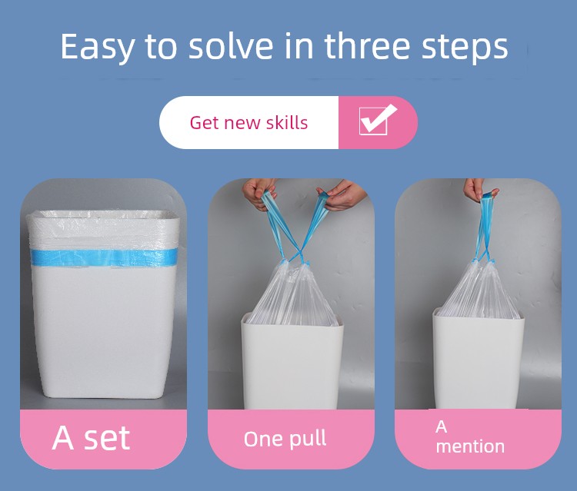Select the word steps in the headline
pos(465,48)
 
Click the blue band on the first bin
pos(104,257)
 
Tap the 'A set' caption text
pos(91,438)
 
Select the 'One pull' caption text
pos(285,439)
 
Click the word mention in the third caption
pos(470,446)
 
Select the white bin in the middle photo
pos(292,362)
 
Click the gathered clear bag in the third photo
pos(480,290)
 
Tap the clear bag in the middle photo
pos(292,294)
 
